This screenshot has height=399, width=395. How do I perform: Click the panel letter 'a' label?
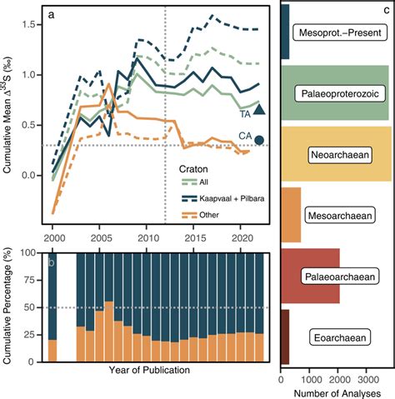pos(52,15)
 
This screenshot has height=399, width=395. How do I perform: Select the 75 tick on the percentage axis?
pos(34,280)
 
